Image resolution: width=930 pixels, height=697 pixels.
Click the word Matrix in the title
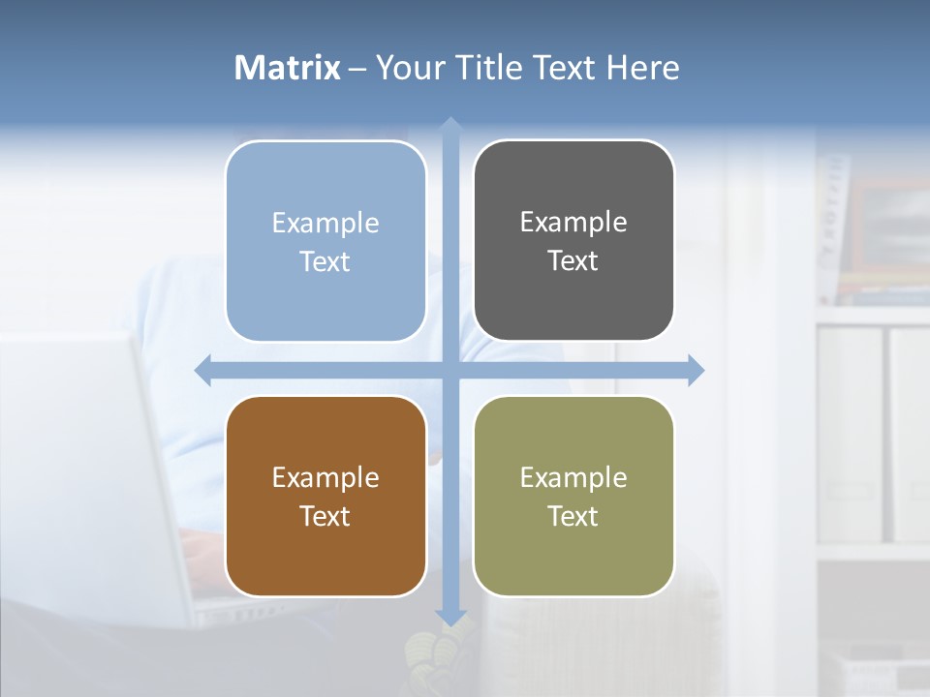288,68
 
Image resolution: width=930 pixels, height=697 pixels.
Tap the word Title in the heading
493,68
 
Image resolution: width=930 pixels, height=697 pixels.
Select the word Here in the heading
642,68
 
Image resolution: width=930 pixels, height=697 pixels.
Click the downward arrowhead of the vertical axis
450,617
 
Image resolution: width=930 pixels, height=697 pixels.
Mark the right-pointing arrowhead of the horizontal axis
696,371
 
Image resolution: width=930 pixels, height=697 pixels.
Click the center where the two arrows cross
450,371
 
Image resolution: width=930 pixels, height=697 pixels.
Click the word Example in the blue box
325,224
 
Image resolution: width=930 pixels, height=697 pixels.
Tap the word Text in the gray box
573,261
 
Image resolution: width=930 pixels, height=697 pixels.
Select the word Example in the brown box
325,478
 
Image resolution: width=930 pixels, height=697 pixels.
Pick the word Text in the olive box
573,517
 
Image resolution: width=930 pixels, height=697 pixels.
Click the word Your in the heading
407,68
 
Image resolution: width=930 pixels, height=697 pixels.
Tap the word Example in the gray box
573,223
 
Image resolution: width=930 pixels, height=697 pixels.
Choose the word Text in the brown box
325,517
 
